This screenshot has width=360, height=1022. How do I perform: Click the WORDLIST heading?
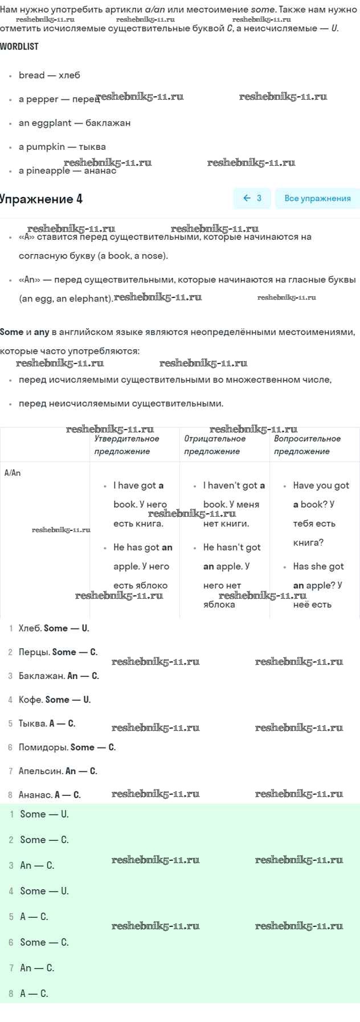click(19, 47)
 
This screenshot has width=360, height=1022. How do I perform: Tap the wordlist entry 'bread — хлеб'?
click(50, 75)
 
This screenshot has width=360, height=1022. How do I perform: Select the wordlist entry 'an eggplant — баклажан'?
click(75, 123)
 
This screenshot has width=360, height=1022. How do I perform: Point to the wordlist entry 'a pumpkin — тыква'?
click(62, 147)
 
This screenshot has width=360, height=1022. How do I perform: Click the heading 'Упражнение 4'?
click(41, 199)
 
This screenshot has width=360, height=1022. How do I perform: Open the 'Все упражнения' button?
click(317, 198)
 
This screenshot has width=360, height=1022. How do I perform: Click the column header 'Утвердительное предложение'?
click(126, 445)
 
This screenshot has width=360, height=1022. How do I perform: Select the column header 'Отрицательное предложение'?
click(215, 445)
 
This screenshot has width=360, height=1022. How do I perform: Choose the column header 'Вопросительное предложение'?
click(307, 445)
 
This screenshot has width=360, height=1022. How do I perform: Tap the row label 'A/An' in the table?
click(13, 473)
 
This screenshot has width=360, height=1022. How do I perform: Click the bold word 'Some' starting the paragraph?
click(12, 332)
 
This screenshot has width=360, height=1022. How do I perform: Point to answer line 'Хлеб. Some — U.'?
click(54, 628)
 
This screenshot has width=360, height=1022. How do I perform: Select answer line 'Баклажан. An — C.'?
click(59, 676)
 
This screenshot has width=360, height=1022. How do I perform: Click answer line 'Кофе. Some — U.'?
click(55, 700)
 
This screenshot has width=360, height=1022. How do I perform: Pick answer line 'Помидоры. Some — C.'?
click(67, 747)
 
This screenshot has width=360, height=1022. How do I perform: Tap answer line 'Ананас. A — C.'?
click(50, 795)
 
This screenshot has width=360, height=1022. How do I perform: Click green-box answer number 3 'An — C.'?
click(37, 865)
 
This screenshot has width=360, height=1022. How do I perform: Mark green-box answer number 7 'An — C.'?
click(37, 968)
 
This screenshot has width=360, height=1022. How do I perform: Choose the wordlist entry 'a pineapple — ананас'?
click(67, 170)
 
